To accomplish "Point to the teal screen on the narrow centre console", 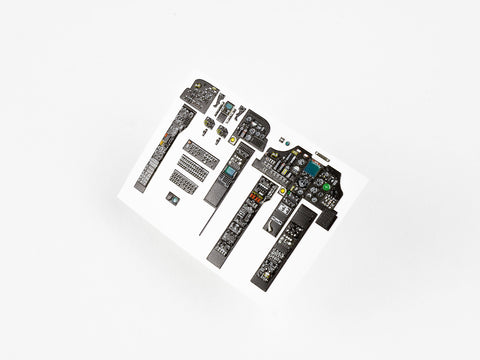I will tap(231, 171).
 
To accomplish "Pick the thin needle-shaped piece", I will tap(206, 216).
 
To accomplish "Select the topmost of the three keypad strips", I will tap(201, 153).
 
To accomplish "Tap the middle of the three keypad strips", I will tap(194, 168).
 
